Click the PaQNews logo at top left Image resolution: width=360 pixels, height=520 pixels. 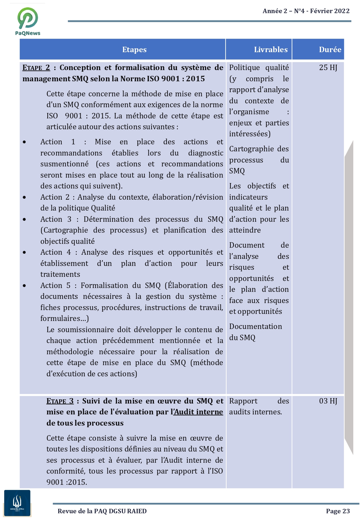pos(28,21)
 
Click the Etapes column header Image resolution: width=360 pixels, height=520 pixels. pos(134,50)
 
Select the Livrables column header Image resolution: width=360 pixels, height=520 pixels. pos(271,50)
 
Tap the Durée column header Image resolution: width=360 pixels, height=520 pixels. pos(330,50)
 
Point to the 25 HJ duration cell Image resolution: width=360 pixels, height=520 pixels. pos(328,68)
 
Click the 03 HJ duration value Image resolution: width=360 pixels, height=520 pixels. pos(328,401)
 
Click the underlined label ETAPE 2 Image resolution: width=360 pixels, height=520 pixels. pos(36,68)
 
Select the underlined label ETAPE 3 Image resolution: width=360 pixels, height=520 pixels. pos(60,401)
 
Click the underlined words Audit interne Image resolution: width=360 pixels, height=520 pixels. pos(198,412)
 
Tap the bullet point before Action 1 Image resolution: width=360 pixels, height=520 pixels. pos(25,142)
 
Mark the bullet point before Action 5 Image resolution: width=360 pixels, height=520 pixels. pos(25,285)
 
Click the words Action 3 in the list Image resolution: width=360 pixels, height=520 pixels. pos(56,219)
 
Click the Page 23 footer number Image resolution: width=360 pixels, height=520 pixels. pos(338,511)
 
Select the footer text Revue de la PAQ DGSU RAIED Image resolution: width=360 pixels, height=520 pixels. pos(102,511)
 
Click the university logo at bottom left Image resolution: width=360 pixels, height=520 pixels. pos(17,503)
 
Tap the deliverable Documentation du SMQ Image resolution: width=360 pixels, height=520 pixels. pos(255,332)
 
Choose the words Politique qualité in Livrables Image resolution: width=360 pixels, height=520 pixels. pos(259,68)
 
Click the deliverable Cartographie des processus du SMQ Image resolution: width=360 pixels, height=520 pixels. pos(259,160)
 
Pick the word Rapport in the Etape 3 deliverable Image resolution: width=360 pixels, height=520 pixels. pos(243,401)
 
